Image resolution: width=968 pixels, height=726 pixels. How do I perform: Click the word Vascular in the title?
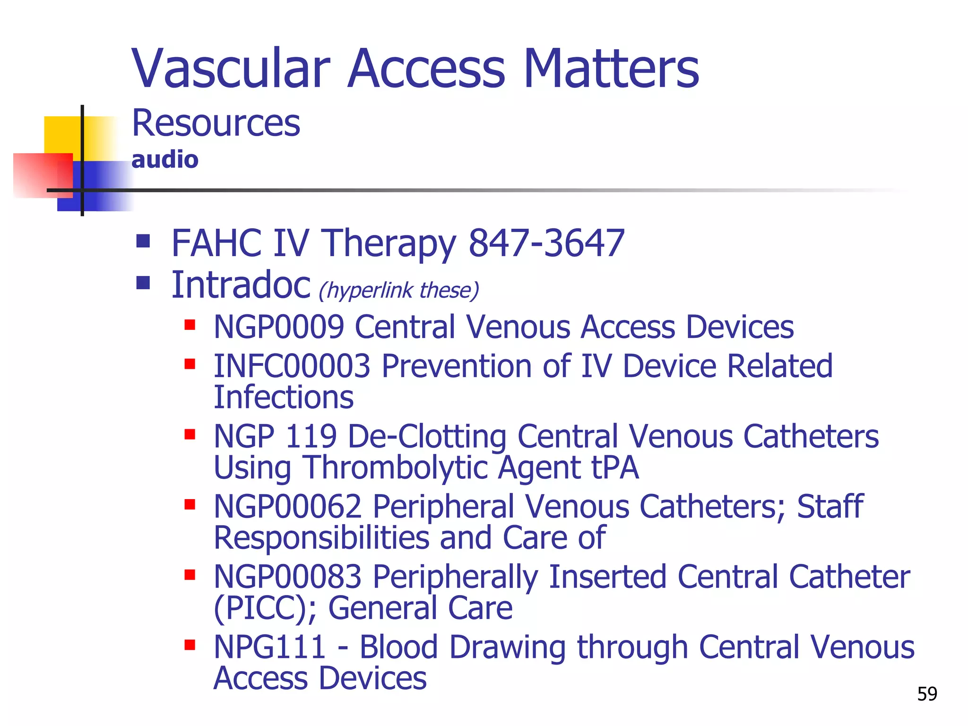231,69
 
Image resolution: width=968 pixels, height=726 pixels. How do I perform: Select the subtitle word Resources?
216,123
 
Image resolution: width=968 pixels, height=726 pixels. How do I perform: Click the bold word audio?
164,160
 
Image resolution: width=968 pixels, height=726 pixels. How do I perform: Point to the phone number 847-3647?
546,243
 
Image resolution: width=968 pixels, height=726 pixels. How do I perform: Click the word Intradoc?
241,285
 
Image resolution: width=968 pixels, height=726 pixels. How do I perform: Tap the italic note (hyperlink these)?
399,290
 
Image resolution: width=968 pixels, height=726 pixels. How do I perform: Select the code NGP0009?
278,327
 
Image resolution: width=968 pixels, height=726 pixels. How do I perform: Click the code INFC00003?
292,366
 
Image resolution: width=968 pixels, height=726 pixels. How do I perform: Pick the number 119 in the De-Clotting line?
311,436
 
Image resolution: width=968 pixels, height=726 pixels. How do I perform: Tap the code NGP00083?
287,577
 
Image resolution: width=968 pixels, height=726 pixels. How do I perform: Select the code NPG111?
269,647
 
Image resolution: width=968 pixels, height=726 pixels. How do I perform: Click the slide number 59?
927,694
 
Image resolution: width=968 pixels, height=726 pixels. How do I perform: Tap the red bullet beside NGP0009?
190,325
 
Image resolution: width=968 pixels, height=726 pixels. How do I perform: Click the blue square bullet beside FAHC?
143,241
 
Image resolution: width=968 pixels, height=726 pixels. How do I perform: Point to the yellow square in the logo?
61,135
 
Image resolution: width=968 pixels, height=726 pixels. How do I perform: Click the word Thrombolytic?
395,467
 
